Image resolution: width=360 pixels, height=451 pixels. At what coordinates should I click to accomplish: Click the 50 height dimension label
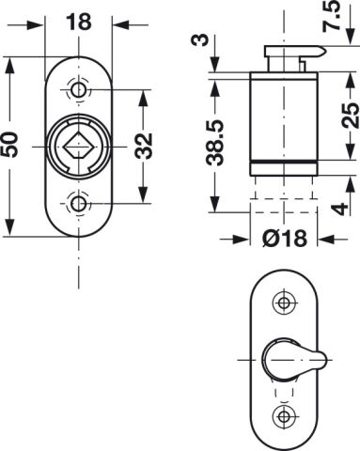pos(9,145)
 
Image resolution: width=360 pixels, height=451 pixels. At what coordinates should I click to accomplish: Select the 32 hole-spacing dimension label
pos(144,146)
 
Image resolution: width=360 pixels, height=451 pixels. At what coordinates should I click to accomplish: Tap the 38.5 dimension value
pos(215,143)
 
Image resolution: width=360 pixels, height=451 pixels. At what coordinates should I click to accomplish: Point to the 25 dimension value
pos(350,116)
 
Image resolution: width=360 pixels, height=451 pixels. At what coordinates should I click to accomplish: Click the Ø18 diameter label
pos(285,239)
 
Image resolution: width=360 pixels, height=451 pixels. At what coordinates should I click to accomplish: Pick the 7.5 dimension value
pos(332,16)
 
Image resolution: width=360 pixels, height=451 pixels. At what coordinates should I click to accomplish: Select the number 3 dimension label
pos(203,40)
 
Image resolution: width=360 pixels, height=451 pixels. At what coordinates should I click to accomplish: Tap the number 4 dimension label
pos(339,209)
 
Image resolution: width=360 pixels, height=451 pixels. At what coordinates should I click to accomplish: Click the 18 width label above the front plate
pos(78,22)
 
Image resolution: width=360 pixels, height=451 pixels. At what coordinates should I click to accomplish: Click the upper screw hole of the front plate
pos(78,90)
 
